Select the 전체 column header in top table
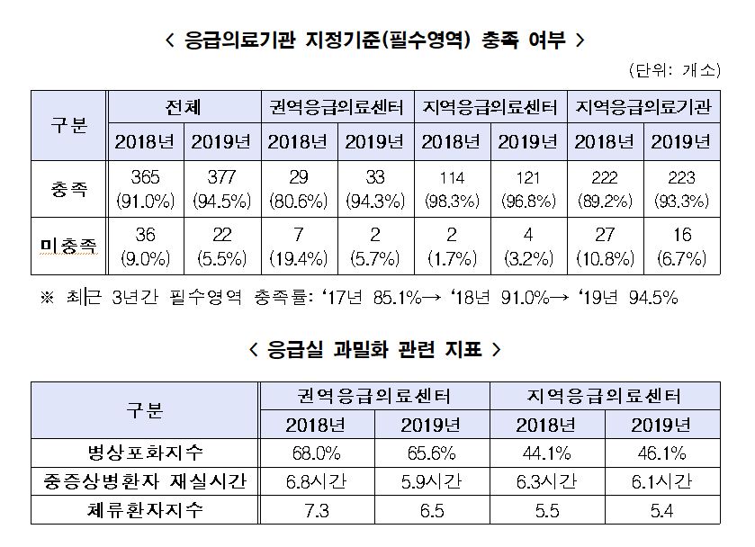pyautogui.click(x=184, y=107)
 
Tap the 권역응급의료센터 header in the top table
pyautogui.click(x=338, y=107)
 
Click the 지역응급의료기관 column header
pyautogui.click(x=644, y=107)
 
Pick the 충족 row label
pyautogui.click(x=69, y=189)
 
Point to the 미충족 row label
pyautogui.click(x=69, y=245)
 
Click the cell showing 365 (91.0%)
pyautogui.click(x=146, y=189)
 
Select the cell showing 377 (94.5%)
pyautogui.click(x=222, y=189)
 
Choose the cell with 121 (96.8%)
pyautogui.click(x=529, y=189)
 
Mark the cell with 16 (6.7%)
pyautogui.click(x=682, y=245)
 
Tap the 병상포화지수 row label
pyautogui.click(x=145, y=452)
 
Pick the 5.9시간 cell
pyautogui.click(x=432, y=481)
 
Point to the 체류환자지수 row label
pyautogui.click(x=145, y=511)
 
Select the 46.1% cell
pyautogui.click(x=662, y=452)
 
